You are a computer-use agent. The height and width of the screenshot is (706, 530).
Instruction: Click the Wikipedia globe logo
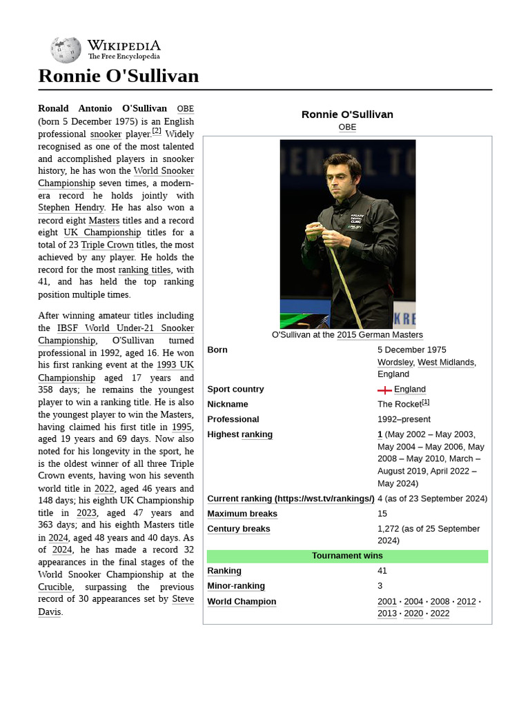coord(66,50)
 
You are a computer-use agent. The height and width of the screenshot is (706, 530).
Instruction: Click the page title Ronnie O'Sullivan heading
coord(118,76)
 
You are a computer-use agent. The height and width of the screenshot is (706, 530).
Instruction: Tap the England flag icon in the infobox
coord(384,390)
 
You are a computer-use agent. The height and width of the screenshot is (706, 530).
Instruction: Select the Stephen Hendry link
coord(71,208)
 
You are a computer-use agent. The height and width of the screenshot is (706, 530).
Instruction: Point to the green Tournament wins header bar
coord(347,556)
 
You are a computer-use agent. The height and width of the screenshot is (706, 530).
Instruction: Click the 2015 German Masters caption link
coord(380,335)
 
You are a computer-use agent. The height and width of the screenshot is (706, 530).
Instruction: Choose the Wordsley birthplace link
coord(395,363)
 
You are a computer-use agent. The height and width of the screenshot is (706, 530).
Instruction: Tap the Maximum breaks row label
coord(242,514)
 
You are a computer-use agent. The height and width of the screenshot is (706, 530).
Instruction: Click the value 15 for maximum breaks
coord(382,514)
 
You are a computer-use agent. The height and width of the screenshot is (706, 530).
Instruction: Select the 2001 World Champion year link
coord(386,602)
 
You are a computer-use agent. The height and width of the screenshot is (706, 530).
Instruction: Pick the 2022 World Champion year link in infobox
coord(440,614)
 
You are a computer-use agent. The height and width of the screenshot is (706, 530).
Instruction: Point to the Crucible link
coord(55,587)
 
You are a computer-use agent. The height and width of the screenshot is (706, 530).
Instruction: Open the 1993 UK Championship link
coord(175,365)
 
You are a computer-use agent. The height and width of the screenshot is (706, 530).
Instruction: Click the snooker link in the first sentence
coord(106,134)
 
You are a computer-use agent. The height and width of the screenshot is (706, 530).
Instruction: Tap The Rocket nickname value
coord(400,405)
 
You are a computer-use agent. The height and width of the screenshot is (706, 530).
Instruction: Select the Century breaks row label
coord(239,529)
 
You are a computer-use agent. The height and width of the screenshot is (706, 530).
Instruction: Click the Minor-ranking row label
coord(236,586)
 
